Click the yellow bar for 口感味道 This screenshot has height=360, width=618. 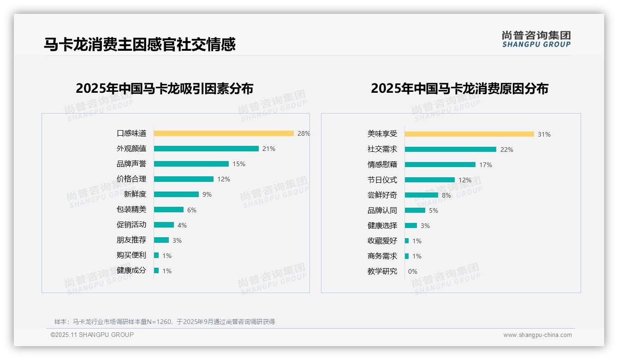[224, 133]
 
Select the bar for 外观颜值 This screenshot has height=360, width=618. [206, 149]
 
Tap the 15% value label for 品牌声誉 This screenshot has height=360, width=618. [239, 164]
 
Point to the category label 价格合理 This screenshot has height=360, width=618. [131, 179]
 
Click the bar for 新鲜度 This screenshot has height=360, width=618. [176, 194]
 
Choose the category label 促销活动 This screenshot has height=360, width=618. [131, 225]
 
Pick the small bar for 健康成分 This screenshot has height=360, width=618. [156, 270]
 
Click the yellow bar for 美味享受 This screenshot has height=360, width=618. [469, 134]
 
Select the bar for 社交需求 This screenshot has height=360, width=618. [451, 150]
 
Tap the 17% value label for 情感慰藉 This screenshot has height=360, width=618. [486, 165]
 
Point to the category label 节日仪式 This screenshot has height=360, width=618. [382, 180]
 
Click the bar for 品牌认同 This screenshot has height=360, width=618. [415, 210]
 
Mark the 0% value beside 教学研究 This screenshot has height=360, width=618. [413, 271]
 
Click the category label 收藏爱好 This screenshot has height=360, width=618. [382, 241]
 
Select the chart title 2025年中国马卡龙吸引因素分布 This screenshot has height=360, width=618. [165, 89]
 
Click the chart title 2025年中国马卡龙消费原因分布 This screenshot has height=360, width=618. [459, 89]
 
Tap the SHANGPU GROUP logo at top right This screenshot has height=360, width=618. [536, 39]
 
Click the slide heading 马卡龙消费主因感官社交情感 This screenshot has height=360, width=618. [140, 44]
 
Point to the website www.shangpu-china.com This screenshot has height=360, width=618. [537, 335]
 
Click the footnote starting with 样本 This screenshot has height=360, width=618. [165, 322]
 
